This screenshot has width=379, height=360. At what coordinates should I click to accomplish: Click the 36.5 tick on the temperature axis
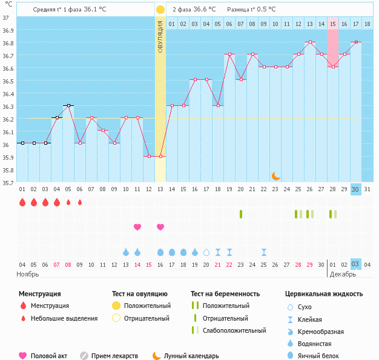click(7, 81)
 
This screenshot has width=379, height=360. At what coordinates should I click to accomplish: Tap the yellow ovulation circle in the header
click(160, 10)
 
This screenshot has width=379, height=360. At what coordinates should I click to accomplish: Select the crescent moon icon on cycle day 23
click(275, 175)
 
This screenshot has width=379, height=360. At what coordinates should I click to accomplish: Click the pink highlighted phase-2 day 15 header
click(332, 24)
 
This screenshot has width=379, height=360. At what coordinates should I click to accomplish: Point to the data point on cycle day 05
click(68, 106)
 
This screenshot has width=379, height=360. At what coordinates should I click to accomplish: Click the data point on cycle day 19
click(229, 54)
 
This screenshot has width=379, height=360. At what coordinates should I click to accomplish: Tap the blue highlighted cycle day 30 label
click(355, 189)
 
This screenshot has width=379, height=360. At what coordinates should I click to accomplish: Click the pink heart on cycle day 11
click(137, 227)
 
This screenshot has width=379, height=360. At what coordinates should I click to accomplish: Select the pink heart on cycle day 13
click(160, 227)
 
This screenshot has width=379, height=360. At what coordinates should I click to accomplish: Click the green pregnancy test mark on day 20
click(241, 214)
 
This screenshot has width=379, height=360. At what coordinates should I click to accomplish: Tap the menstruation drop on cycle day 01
click(22, 202)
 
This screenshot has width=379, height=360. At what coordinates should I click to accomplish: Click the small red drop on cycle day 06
click(80, 202)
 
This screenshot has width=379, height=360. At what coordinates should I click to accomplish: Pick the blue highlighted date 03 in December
click(355, 264)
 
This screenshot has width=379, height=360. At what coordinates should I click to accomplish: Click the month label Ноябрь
click(28, 274)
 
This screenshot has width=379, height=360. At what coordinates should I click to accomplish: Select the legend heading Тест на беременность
click(225, 294)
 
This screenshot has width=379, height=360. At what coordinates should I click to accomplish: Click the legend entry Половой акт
click(45, 356)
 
